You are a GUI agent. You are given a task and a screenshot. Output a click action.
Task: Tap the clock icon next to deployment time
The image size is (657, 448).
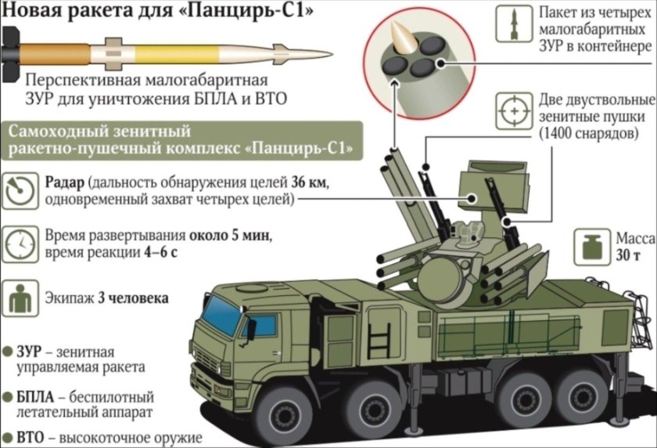click(17, 244)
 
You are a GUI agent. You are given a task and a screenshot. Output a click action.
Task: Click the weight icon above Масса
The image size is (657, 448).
click(588, 246)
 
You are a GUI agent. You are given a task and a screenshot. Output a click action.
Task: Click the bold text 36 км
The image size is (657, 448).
click(307, 183)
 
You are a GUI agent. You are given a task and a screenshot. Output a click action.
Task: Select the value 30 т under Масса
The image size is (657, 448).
click(630, 257)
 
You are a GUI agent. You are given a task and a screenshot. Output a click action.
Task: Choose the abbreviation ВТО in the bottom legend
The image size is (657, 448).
click(33, 437)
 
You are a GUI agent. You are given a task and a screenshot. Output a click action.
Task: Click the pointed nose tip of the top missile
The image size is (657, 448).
click(330, 54)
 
